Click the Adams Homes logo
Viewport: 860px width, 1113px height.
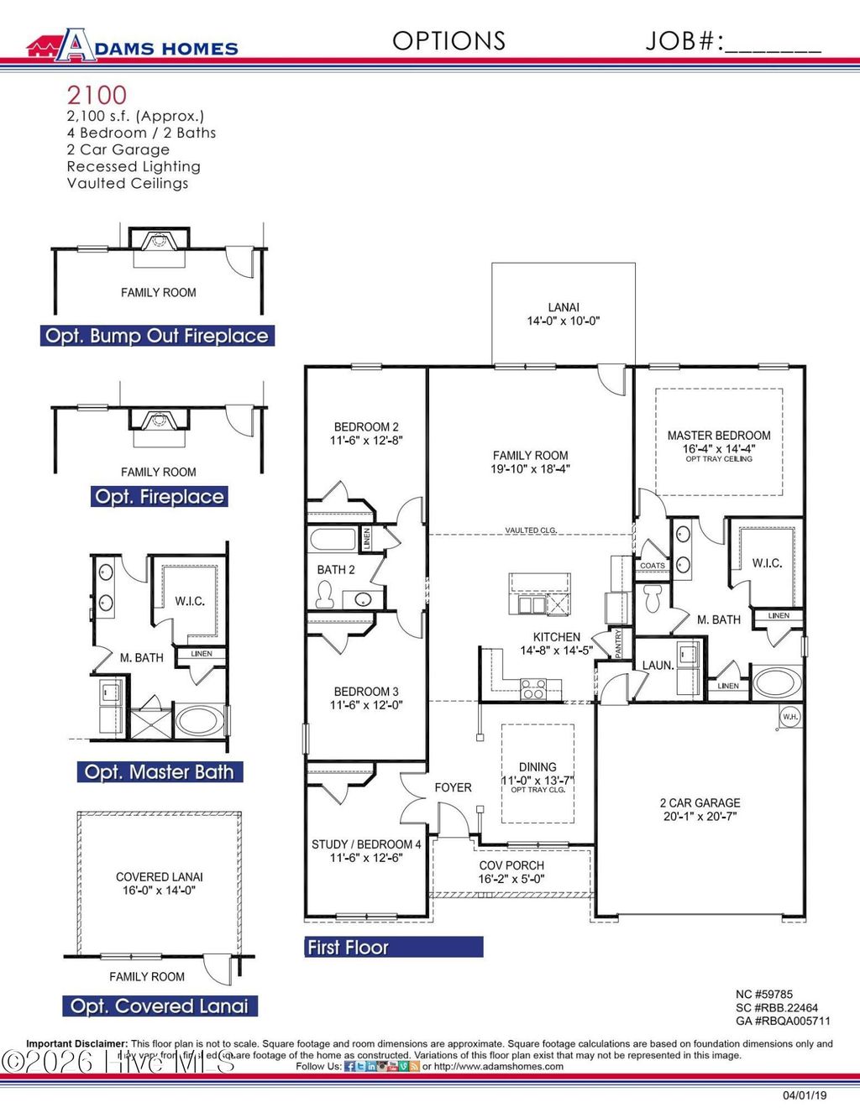(x=133, y=45)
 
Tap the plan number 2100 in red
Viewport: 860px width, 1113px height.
(x=97, y=95)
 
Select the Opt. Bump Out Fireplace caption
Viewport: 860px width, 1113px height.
(x=157, y=336)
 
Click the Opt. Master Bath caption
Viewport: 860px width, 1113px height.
(x=160, y=771)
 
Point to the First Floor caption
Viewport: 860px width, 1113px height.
(x=348, y=948)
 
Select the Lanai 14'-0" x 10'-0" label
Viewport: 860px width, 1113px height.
(x=563, y=314)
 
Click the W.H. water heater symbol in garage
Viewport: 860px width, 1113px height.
(x=789, y=717)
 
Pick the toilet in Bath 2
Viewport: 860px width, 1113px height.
(x=325, y=596)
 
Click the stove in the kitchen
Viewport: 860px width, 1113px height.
(x=533, y=689)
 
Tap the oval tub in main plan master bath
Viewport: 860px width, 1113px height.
(x=777, y=682)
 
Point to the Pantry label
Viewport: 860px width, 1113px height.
(x=618, y=643)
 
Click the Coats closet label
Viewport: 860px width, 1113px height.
(x=652, y=566)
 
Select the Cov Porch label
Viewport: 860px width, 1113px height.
(x=511, y=871)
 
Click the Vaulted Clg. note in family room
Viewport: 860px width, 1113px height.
(x=530, y=530)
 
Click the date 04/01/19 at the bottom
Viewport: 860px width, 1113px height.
(x=805, y=1095)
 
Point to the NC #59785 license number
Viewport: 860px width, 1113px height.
(x=764, y=995)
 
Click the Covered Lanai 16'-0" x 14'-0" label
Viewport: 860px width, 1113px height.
(x=160, y=883)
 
